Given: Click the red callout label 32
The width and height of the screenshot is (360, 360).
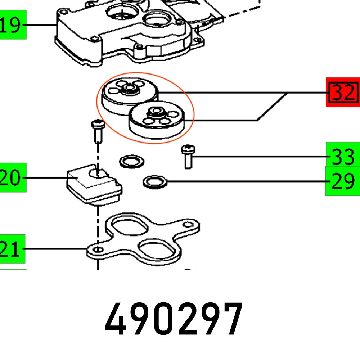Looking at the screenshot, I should click(343, 93).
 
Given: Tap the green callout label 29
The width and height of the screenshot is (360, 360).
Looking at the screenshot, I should click(342, 181).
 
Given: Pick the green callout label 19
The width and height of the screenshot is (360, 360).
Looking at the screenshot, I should click(13, 25).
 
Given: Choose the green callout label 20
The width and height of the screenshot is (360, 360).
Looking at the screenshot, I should click(13, 178).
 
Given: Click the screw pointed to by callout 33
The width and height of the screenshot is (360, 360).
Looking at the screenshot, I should click(188, 156).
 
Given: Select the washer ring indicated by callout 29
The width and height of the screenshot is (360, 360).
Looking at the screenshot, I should click(155, 182).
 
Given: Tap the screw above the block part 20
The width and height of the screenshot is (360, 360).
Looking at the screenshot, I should click(98, 131).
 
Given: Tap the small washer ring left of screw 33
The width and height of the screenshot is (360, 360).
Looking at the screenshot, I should click(131, 161).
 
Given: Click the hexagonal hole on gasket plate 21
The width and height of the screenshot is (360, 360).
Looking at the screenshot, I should click(188, 225).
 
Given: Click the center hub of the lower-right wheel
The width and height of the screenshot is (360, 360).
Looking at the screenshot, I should click(155, 112).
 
